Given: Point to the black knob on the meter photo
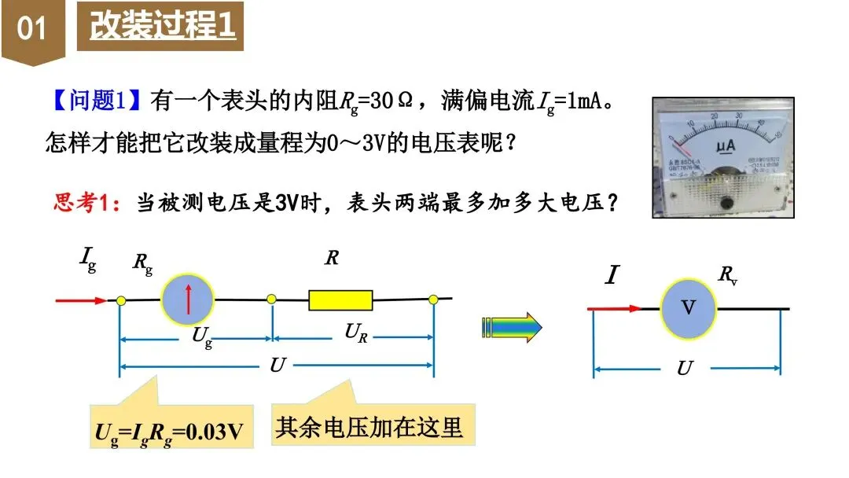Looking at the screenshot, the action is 727,204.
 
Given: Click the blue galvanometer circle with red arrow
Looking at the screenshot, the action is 188,300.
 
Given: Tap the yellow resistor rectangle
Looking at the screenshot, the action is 340,300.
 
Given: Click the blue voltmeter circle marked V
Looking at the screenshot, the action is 688,307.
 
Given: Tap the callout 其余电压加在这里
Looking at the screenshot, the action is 369,427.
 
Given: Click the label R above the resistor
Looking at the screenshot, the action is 332,257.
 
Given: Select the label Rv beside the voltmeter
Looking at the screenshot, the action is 728,274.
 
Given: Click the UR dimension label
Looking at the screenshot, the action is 356,333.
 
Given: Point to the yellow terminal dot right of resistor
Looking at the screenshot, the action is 433,300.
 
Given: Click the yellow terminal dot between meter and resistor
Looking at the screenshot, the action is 271,300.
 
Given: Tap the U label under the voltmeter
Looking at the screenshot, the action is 685,368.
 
